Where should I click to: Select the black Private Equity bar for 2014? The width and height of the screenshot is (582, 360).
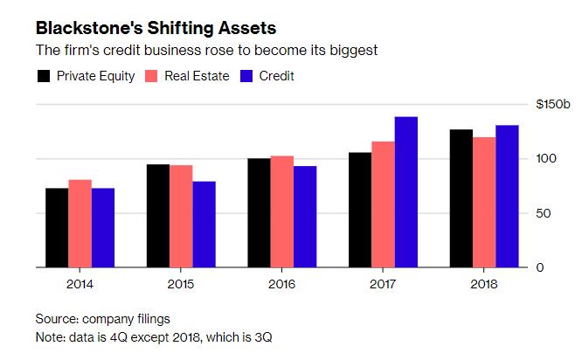[x=57, y=228]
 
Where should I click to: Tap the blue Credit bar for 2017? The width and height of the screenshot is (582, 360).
[x=405, y=192]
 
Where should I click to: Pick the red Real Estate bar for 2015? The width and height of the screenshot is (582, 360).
[x=181, y=216]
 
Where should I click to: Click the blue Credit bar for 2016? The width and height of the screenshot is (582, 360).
[x=305, y=217]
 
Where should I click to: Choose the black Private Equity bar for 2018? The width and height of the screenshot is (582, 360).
[x=461, y=198]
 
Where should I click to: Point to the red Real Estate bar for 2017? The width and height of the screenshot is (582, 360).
[x=383, y=204]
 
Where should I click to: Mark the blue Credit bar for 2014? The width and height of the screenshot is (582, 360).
[x=103, y=228]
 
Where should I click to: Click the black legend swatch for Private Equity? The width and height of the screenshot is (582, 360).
[x=43, y=76]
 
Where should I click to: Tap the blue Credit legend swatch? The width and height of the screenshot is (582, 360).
[x=246, y=76]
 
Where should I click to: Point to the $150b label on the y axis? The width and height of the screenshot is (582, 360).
[x=552, y=104]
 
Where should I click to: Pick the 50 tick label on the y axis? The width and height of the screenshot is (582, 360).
[x=543, y=213]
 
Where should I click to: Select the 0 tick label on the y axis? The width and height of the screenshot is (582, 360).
[x=540, y=267]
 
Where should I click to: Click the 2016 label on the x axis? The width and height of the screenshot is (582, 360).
[x=281, y=284]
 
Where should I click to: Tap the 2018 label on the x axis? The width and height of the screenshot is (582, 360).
[x=484, y=284]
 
